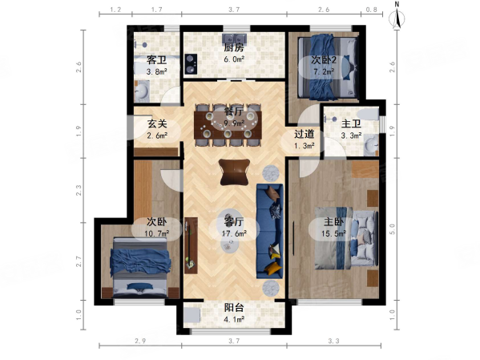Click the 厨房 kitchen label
point(234,48)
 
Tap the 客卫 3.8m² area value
point(156,72)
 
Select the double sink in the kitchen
point(235,38)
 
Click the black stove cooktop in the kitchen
point(191,64)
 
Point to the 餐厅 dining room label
point(234,111)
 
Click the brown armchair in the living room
point(234,172)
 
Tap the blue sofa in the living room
point(269,231)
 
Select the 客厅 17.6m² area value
point(234,234)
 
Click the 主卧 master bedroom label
point(334,221)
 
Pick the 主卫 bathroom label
point(351,123)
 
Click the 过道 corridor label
point(305,134)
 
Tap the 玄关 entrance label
point(157,123)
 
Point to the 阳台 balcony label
point(234,307)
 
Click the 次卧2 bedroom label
point(324,60)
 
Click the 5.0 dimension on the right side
point(392,229)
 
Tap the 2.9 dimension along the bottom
point(140,341)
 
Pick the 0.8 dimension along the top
point(371,10)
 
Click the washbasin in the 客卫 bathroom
point(141,91)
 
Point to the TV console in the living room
point(191,245)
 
